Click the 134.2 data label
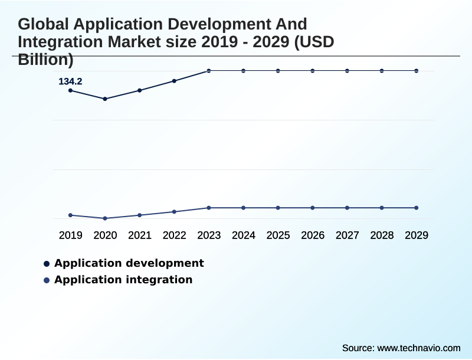pyautogui.click(x=70, y=81)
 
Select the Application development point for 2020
pyautogui.click(x=105, y=99)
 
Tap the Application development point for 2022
pyautogui.click(x=174, y=81)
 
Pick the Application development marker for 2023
pyautogui.click(x=209, y=71)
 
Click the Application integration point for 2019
pyautogui.click(x=70, y=215)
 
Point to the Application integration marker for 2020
pyautogui.click(x=105, y=218)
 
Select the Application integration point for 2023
pyautogui.click(x=209, y=208)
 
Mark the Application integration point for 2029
pyautogui.click(x=416, y=208)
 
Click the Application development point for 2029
pyautogui.click(x=416, y=71)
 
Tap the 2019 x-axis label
pyautogui.click(x=70, y=235)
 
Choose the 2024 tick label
pyautogui.click(x=243, y=235)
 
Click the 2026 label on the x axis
pyautogui.click(x=313, y=235)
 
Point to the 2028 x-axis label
pyautogui.click(x=382, y=235)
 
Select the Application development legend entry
pyautogui.click(x=129, y=263)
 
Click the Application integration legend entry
pyautogui.click(x=123, y=280)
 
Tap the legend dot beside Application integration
pyautogui.click(x=47, y=280)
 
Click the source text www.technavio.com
pyautogui.click(x=418, y=348)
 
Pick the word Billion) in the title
pyautogui.click(x=45, y=59)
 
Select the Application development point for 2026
pyautogui.click(x=313, y=71)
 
